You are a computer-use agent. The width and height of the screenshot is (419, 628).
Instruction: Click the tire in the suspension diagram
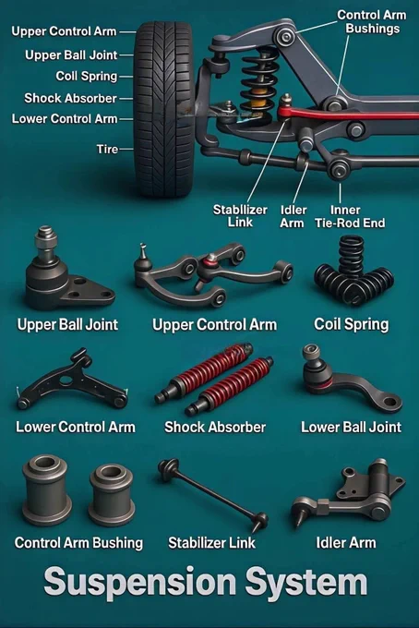(164, 109)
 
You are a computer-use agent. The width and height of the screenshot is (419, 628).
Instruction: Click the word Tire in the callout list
(107, 149)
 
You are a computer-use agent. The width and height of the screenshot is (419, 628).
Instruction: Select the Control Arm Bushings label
(372, 21)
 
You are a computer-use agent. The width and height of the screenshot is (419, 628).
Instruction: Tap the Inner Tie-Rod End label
(350, 216)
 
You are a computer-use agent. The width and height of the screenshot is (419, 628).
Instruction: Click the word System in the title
(306, 583)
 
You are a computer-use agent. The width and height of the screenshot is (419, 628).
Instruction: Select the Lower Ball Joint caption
(351, 427)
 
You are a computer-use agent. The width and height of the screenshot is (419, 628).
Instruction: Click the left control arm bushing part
(46, 489)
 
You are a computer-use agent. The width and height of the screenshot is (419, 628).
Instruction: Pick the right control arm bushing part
(111, 495)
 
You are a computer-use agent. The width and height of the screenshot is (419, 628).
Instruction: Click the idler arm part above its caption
(347, 493)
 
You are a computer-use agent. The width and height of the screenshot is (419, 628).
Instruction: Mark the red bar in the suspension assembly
(348, 114)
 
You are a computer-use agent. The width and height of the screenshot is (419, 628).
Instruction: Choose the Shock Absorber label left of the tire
(70, 98)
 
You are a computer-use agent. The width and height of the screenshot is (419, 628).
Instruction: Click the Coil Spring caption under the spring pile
(351, 324)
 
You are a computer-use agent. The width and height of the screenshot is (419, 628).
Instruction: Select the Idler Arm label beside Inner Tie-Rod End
(293, 216)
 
